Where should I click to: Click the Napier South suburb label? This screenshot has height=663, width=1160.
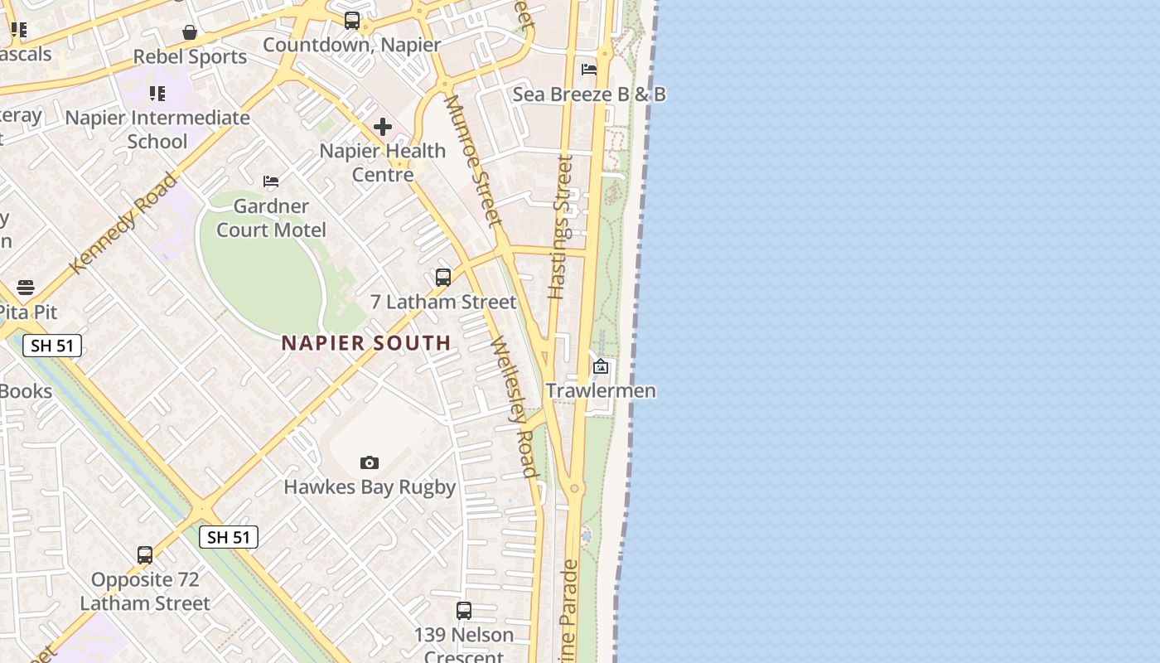(366, 343)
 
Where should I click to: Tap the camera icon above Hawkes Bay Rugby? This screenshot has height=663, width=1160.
(370, 462)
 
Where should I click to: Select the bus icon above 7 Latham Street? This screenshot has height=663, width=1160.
(443, 277)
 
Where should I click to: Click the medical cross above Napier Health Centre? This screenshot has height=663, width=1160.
(382, 127)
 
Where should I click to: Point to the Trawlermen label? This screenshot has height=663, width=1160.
(601, 390)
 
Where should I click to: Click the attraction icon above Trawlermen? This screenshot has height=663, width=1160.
(601, 365)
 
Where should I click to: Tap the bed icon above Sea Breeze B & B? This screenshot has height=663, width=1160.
(589, 70)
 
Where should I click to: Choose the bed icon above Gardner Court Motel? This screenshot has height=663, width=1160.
(271, 181)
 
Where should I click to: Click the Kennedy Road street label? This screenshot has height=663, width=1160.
(124, 222)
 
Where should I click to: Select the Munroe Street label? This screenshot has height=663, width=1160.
(473, 161)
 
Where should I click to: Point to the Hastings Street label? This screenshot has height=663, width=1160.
(561, 226)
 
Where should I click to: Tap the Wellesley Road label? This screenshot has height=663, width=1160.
(515, 406)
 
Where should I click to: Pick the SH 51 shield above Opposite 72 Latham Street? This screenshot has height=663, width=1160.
(229, 537)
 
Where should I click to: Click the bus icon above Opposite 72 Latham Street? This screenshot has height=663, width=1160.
(145, 554)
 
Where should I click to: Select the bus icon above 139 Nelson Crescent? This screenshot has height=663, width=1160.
(464, 611)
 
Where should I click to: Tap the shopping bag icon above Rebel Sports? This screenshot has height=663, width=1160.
(190, 32)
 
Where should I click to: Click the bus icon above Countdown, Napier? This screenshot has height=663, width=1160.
(352, 21)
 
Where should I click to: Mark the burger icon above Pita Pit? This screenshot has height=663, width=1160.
(26, 288)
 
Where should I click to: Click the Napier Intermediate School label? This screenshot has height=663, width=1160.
(157, 129)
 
